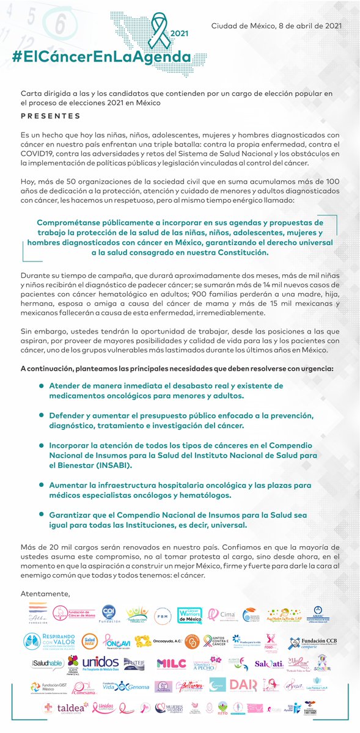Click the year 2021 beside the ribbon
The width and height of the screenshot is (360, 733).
coord(178,34)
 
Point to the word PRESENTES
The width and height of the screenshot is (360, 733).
coord(51,116)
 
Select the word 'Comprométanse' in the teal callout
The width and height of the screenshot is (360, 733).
coord(68,223)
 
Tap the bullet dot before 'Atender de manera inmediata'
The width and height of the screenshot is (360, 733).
coord(41,385)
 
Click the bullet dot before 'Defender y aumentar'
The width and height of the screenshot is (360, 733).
coord(41,415)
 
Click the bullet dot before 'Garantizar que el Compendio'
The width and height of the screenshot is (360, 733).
coord(41,515)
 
